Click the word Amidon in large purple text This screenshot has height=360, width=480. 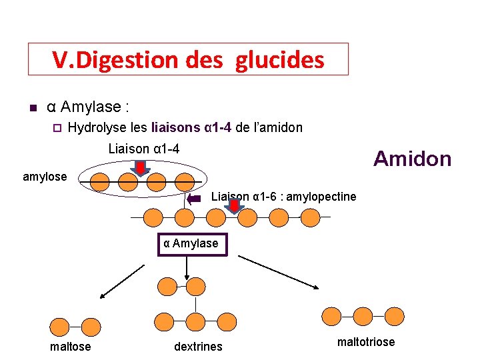(412, 159)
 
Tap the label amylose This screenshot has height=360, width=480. (45, 177)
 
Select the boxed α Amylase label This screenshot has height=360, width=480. (191, 244)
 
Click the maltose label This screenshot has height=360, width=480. (70, 347)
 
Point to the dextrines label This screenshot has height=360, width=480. (198, 347)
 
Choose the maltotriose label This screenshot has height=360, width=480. (366, 342)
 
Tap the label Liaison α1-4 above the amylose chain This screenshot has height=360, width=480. (143, 149)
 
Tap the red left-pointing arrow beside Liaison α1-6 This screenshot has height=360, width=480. (195, 198)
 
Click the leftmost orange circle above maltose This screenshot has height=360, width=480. (60, 327)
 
